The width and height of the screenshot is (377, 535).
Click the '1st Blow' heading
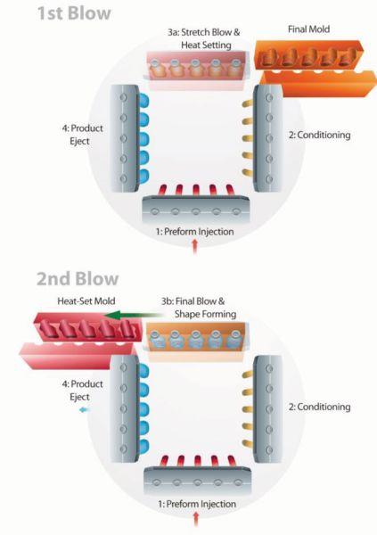click(x=74, y=13)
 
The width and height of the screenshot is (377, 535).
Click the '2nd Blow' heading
click(x=78, y=278)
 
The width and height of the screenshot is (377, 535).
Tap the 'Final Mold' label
click(x=308, y=29)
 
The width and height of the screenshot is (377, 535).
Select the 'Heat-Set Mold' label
click(x=86, y=301)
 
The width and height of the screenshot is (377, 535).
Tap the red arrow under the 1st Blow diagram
click(x=195, y=246)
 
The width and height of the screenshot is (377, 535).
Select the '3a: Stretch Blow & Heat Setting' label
click(x=204, y=38)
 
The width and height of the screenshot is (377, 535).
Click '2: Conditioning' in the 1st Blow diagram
click(x=320, y=136)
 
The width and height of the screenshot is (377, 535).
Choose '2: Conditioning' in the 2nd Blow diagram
click(x=320, y=407)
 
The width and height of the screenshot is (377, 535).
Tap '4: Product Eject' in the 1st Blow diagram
click(x=82, y=135)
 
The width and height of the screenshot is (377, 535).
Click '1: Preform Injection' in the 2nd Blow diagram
click(x=197, y=504)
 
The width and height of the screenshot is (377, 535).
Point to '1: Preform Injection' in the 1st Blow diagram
click(x=195, y=232)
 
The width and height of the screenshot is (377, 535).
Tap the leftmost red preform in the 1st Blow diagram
click(x=164, y=190)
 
